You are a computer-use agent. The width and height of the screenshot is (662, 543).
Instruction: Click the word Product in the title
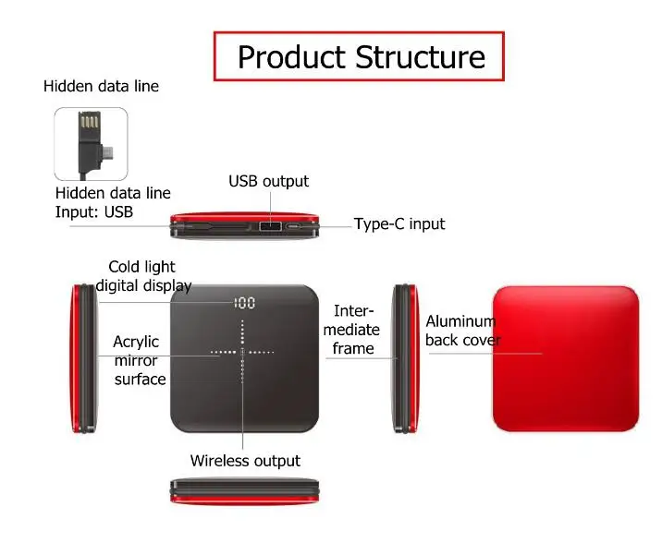[291, 57]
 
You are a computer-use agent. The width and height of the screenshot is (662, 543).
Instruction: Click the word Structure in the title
[420, 57]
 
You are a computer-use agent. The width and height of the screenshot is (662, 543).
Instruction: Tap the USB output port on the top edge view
[270, 226]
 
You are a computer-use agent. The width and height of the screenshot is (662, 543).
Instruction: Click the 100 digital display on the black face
[244, 303]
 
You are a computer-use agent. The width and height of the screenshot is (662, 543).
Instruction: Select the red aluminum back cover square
[566, 358]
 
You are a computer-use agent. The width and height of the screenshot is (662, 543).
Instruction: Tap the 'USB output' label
[268, 181]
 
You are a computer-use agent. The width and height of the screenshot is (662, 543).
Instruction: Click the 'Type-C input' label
[399, 223]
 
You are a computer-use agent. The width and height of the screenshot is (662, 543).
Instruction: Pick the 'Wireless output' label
[245, 461]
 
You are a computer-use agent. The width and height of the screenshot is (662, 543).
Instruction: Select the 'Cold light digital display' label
[143, 276]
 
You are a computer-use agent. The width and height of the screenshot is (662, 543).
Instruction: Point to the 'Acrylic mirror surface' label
[140, 360]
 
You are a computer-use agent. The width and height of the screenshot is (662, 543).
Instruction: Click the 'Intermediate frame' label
[352, 330]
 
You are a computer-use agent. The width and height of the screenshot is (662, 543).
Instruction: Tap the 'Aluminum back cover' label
[463, 331]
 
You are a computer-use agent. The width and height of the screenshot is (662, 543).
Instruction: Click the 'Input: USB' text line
[94, 211]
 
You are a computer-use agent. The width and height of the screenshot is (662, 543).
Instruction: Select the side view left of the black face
[84, 358]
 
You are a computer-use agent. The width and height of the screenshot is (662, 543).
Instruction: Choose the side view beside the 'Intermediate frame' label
[406, 358]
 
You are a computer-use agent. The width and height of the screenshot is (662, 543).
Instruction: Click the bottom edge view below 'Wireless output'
[244, 491]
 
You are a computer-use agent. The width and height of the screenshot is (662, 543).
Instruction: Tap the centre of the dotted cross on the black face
[242, 352]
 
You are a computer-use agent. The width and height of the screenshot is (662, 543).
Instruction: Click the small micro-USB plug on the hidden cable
[109, 152]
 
